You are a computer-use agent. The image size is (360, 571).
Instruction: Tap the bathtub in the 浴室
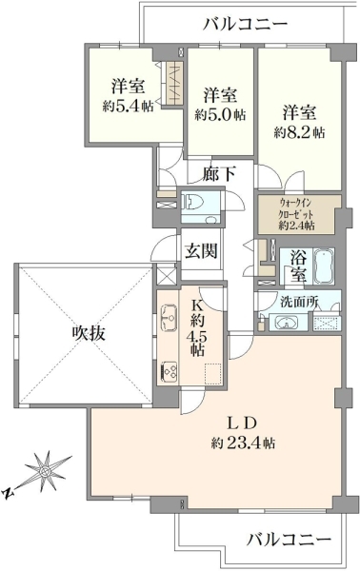(x=324, y=266)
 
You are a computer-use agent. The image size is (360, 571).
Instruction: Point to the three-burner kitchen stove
(x=169, y=371)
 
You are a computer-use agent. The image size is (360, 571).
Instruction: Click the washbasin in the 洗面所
(x=286, y=323)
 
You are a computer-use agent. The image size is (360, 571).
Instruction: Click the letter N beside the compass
(x=7, y=493)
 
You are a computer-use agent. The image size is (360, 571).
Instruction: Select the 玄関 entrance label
(x=201, y=251)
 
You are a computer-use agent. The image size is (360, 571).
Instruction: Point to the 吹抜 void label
(x=89, y=332)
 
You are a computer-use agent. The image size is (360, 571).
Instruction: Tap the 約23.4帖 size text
(x=243, y=443)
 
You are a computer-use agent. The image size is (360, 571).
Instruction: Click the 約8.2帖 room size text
(x=299, y=133)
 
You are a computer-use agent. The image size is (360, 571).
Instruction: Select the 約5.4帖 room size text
(x=128, y=107)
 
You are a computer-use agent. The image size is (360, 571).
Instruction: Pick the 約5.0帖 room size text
(x=220, y=115)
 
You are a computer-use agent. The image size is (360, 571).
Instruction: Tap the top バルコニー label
(x=246, y=25)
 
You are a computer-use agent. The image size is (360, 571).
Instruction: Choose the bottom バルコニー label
(x=290, y=539)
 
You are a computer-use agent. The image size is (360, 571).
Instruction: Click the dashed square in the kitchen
(x=213, y=374)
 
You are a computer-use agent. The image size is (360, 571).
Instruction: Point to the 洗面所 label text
(x=300, y=302)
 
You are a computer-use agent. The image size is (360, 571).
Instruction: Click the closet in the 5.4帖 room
(x=172, y=84)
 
